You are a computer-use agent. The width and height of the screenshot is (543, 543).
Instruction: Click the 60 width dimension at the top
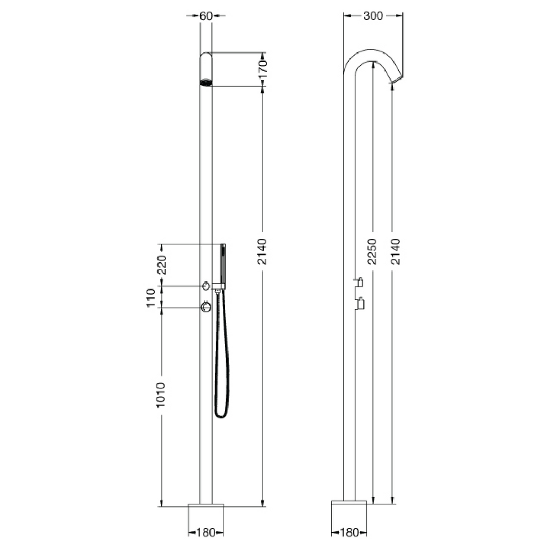click(206, 16)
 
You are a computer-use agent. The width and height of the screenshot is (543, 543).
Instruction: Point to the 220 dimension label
click(162, 264)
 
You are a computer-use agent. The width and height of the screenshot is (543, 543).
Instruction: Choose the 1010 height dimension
click(162, 396)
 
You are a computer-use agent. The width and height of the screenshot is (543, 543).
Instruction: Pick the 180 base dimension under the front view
click(206, 532)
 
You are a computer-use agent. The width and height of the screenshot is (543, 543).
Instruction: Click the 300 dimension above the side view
click(373, 16)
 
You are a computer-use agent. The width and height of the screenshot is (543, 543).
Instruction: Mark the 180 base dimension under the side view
click(349, 532)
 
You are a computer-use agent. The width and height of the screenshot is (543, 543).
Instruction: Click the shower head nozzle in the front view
click(206, 82)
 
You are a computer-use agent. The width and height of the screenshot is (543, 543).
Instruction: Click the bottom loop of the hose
click(222, 413)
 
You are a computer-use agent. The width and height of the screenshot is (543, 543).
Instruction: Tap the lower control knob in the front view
click(206, 307)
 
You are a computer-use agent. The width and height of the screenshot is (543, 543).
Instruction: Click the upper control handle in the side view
click(359, 282)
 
